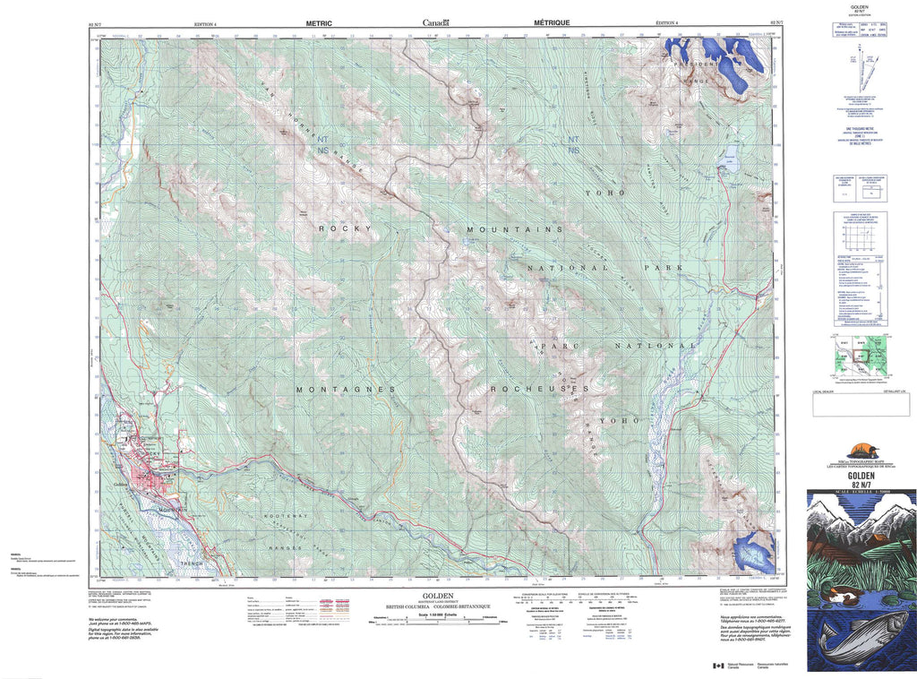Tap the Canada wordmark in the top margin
[x=437, y=23]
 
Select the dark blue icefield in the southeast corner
[x=752, y=553]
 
